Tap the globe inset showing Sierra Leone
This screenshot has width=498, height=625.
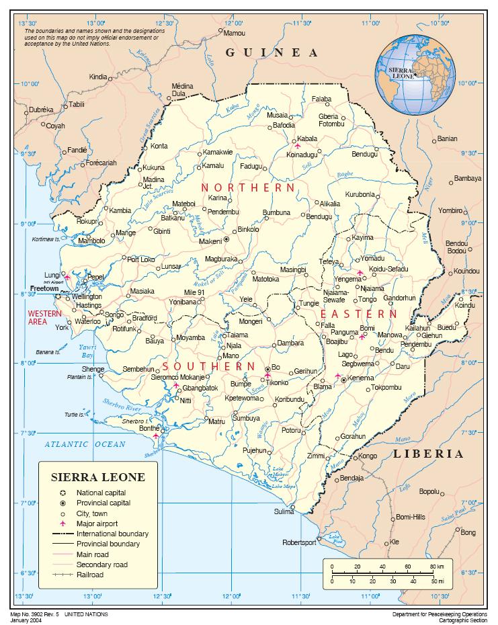click(x=415, y=75)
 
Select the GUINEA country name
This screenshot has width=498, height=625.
click(x=272, y=52)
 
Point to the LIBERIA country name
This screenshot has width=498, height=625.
click(x=428, y=454)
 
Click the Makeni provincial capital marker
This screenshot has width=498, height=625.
click(x=226, y=239)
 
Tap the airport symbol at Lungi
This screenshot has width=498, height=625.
click(x=67, y=276)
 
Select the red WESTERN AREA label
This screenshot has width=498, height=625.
click(x=44, y=318)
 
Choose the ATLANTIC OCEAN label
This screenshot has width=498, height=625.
click(x=85, y=444)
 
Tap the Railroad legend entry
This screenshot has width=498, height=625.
click(x=89, y=575)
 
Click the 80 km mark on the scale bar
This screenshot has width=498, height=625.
click(x=440, y=567)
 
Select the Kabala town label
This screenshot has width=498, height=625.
click(x=307, y=138)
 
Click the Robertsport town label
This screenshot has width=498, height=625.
click(x=298, y=542)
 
